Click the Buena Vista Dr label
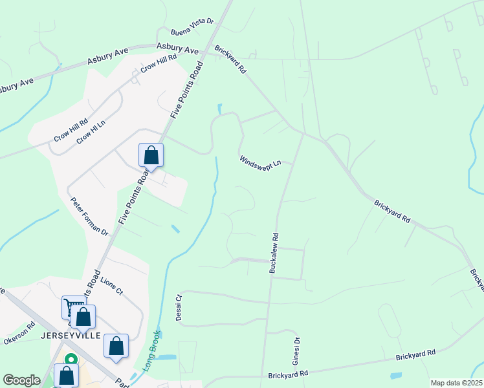point(192,27)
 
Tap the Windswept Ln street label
point(260,161)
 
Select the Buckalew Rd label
point(275,252)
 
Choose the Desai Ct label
point(180,307)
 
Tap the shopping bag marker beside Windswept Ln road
point(151,155)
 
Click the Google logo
point(21,380)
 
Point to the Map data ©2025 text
point(455,383)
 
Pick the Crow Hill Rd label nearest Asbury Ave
point(159,65)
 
